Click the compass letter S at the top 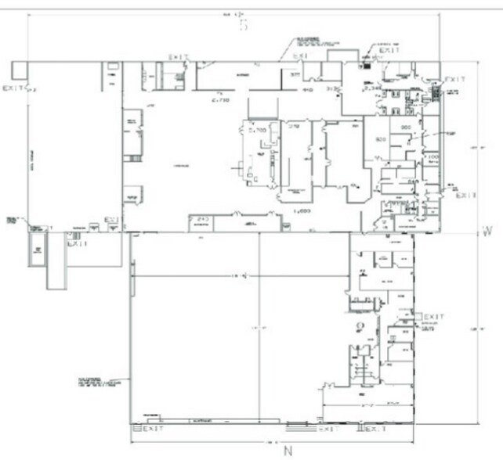coord(243,25)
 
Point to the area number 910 coord(308,90)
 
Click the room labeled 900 coord(407,127)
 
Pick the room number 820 coord(382,139)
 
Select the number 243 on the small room coord(201,218)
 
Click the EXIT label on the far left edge coord(13,89)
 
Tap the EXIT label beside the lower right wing coord(434,317)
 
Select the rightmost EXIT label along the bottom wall coord(377,429)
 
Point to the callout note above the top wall coord(308,40)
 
